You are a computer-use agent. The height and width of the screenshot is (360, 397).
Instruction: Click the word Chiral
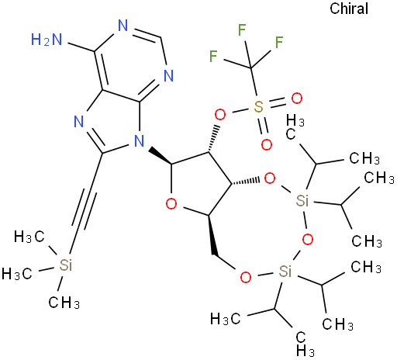(x=349, y=9)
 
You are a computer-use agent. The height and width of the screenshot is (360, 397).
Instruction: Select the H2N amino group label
(x=47, y=40)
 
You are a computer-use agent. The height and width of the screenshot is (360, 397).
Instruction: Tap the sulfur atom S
(x=258, y=106)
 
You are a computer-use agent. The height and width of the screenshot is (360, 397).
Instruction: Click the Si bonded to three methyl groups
(x=66, y=265)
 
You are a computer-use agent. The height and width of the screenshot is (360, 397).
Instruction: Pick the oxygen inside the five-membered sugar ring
(x=171, y=204)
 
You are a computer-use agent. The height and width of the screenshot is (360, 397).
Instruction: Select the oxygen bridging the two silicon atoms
(x=308, y=240)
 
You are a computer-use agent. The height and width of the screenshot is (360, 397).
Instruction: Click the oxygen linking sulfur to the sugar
(x=220, y=115)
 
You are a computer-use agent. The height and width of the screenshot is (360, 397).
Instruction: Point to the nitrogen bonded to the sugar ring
(x=140, y=141)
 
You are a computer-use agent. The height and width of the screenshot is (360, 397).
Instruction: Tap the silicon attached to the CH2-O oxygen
(x=285, y=272)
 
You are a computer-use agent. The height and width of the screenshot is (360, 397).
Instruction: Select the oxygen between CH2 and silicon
(x=246, y=277)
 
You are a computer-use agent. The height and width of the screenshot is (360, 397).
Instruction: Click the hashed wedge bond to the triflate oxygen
(x=213, y=139)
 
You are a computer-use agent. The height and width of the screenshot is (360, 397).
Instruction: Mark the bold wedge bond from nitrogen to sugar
(x=161, y=155)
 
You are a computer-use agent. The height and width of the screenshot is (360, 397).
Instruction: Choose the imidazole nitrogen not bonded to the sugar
(x=79, y=121)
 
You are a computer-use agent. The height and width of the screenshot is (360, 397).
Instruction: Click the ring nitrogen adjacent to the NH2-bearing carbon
(x=123, y=26)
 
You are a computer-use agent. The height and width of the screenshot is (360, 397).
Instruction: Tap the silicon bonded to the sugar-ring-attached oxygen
(x=302, y=200)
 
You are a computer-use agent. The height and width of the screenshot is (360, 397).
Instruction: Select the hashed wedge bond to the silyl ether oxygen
(x=246, y=182)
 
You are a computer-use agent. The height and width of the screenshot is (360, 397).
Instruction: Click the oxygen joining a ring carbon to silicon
(x=270, y=178)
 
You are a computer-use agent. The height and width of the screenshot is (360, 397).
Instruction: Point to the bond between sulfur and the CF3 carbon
(x=254, y=82)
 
